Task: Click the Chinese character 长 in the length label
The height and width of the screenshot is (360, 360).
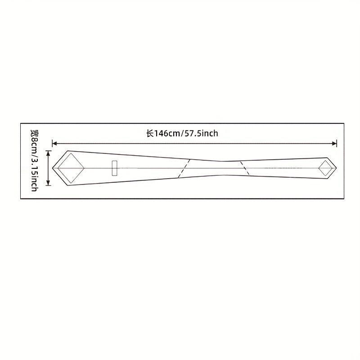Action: tap(150, 133)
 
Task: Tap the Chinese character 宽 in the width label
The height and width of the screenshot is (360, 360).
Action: tap(35, 133)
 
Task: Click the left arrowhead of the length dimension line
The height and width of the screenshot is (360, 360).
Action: tap(54, 144)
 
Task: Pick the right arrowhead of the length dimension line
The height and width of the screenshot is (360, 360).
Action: tap(334, 144)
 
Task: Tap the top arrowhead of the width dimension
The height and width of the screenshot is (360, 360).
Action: tap(48, 153)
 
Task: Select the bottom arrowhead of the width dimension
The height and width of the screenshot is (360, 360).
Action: tap(48, 183)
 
